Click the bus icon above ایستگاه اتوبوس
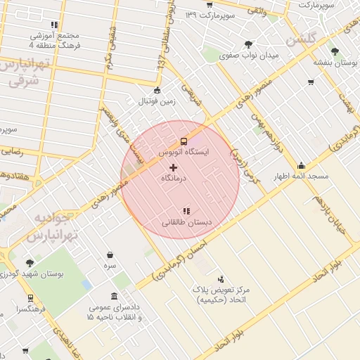coord(184,141)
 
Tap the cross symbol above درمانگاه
coord(174,167)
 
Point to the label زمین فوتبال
coord(155,101)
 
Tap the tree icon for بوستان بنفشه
coord(335,51)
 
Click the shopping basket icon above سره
coord(110,255)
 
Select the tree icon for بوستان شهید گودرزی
coord(29,263)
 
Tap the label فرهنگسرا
coord(32,309)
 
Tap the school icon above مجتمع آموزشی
coord(55,25)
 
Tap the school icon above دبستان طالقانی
coord(186,210)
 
